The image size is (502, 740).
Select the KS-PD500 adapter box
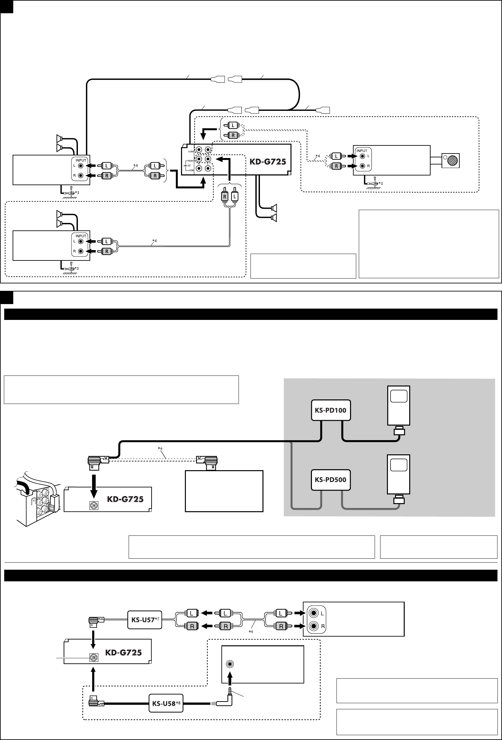[330, 479]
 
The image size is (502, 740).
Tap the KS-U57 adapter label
[142, 620]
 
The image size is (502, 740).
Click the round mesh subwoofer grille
[452, 161]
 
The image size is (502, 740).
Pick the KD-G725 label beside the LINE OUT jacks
[268, 161]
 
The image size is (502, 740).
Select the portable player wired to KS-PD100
[399, 406]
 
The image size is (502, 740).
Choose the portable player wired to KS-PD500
[399, 474]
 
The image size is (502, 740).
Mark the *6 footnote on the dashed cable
[160, 449]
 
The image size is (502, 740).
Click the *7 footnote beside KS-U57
[158, 618]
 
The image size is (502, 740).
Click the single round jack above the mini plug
[230, 664]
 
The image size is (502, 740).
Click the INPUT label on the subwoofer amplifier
[362, 151]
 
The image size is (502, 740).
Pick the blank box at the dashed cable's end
[224, 491]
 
